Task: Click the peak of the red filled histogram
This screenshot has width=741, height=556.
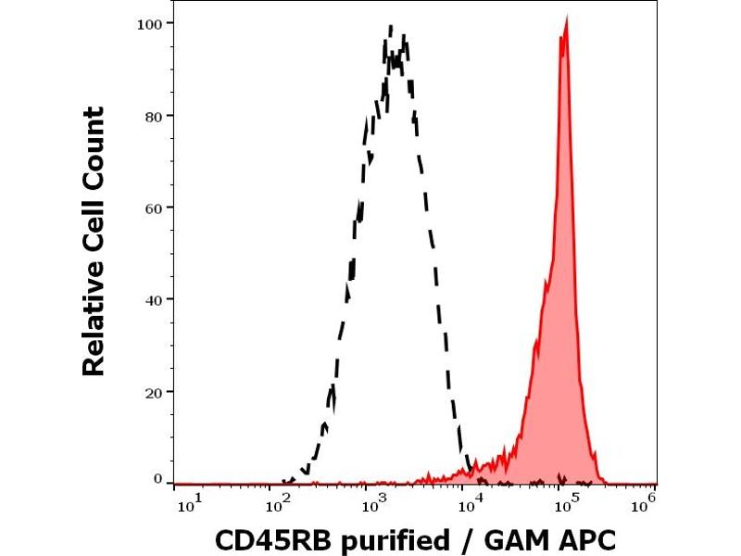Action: tap(565, 27)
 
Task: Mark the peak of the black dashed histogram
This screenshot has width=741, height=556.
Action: tap(391, 27)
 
